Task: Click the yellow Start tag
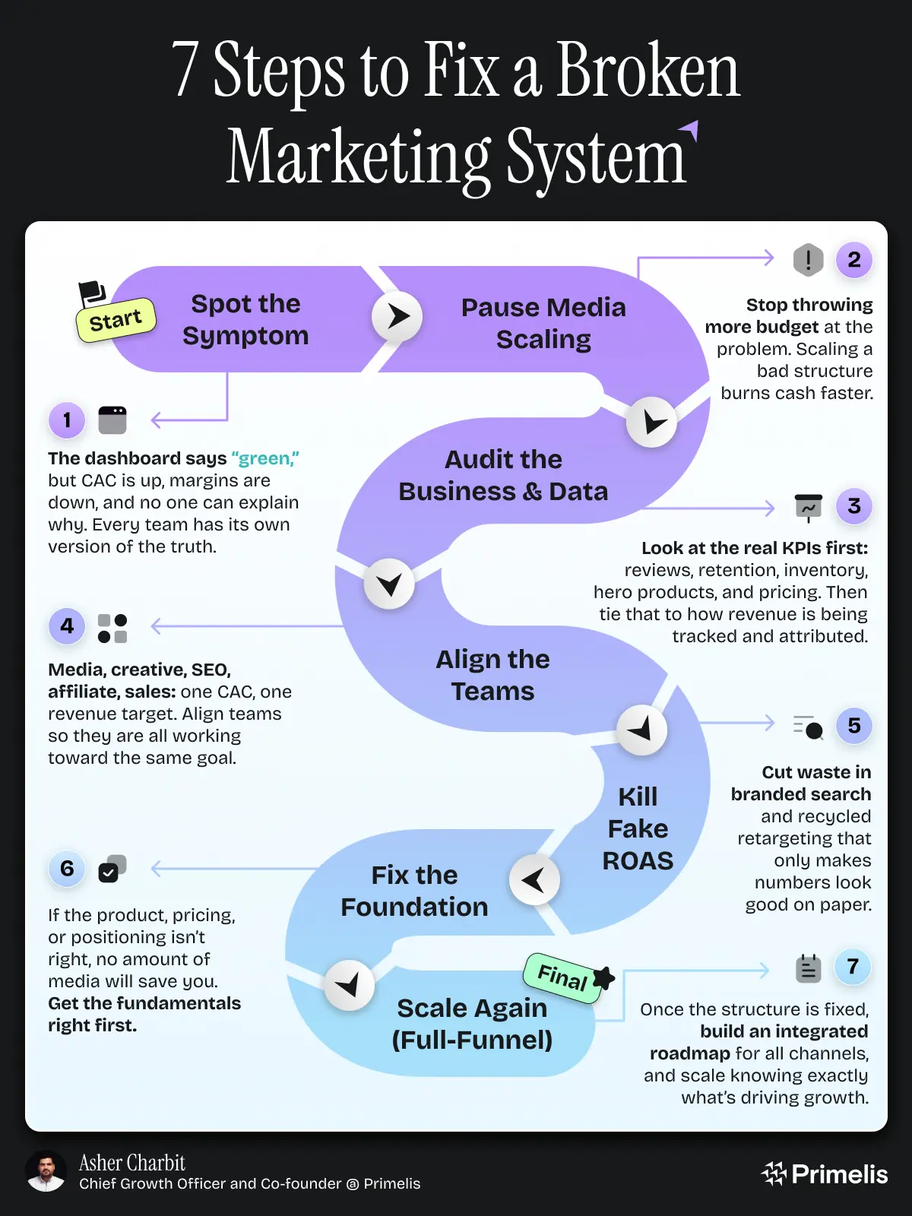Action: [116, 320]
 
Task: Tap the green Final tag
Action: [563, 977]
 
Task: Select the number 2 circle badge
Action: [853, 260]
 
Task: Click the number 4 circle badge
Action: [67, 626]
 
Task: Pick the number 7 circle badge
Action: [853, 967]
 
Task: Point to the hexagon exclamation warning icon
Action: [808, 260]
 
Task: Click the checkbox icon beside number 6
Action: [112, 869]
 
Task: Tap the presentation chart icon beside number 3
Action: [808, 507]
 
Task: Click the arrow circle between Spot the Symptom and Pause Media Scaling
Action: [397, 316]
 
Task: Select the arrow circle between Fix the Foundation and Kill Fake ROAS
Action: [534, 880]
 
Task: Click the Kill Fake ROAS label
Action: [638, 828]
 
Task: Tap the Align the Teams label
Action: [492, 675]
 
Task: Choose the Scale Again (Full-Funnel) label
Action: [472, 1024]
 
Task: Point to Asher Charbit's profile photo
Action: [46, 1171]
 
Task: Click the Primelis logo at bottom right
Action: [825, 1174]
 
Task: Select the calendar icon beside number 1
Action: [112, 420]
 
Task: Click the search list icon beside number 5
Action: [808, 727]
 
